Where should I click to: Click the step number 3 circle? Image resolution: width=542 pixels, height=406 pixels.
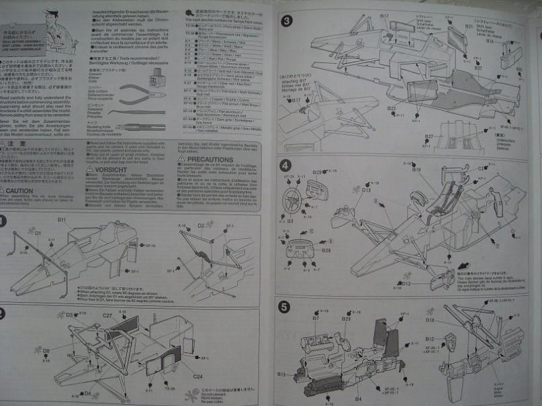(286, 21)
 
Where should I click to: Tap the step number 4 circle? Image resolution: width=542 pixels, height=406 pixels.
(285, 165)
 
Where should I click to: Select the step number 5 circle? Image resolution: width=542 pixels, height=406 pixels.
(285, 307)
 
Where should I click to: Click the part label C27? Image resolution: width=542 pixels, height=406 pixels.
(107, 315)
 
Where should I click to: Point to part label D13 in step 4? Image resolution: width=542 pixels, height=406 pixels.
(366, 190)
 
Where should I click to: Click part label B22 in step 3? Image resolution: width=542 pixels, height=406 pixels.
(392, 107)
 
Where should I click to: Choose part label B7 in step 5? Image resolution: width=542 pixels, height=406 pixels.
(315, 318)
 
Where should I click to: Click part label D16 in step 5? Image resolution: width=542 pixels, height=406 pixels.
(430, 319)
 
